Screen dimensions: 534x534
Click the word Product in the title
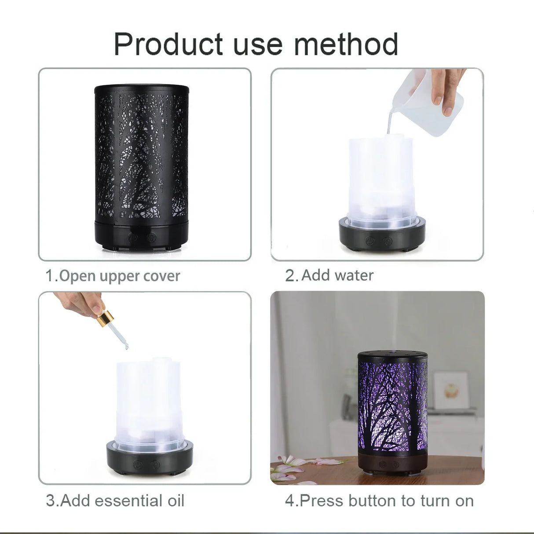click(168, 44)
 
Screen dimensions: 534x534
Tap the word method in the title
click(346, 44)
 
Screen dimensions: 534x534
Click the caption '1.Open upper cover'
click(113, 276)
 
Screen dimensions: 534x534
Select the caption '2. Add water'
click(329, 275)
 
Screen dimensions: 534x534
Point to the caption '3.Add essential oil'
click(115, 501)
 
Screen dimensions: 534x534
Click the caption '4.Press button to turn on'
click(379, 501)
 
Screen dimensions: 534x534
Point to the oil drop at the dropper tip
click(127, 347)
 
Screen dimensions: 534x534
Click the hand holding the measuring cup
click(446, 88)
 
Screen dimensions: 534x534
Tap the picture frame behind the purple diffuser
click(451, 390)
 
